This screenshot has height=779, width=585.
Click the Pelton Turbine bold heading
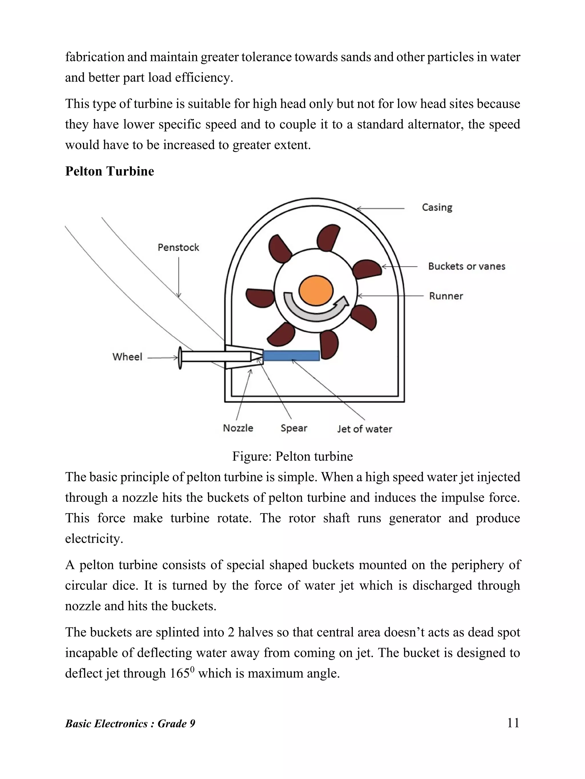click(110, 171)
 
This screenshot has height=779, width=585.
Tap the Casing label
click(437, 207)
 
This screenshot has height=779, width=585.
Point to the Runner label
click(446, 296)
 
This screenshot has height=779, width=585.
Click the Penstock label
click(179, 248)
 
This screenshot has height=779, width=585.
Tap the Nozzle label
click(238, 428)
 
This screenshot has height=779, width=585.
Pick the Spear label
click(294, 428)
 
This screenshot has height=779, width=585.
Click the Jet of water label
click(364, 429)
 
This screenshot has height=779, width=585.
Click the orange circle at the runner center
click(316, 291)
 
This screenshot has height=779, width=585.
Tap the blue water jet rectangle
click(291, 356)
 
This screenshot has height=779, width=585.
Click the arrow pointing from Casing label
click(381, 209)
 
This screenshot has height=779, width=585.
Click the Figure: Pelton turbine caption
click(292, 456)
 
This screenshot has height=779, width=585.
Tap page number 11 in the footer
click(513, 723)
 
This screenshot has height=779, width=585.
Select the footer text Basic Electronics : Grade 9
click(130, 724)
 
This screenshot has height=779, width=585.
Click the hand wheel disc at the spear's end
click(180, 358)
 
